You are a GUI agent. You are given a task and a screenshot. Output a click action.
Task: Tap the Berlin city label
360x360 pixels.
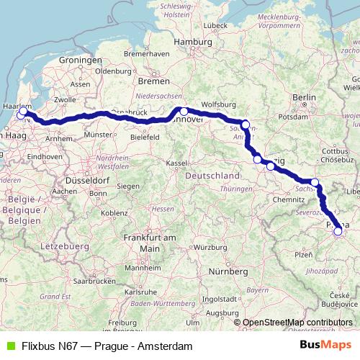[x=305, y=97]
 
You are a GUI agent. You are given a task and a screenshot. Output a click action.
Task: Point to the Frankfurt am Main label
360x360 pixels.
[x=150, y=242]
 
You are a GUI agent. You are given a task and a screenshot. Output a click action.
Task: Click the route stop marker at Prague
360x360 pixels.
[x=338, y=231]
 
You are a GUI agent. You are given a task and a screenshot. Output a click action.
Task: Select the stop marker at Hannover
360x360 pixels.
[x=184, y=112]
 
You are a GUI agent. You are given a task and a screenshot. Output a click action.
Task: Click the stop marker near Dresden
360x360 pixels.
[x=315, y=182]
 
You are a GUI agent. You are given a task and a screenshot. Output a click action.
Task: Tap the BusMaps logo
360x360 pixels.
[x=326, y=346]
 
